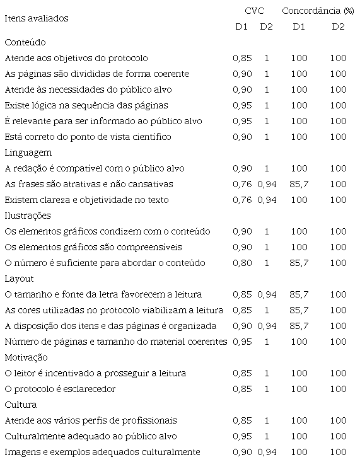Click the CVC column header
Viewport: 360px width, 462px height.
pos(254,11)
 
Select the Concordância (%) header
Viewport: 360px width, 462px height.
pos(317,11)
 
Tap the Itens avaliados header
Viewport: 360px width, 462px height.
pos(36,18)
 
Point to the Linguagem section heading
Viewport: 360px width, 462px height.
pos(28,153)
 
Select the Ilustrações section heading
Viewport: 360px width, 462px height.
pos(27,216)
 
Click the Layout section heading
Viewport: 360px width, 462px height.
pos(19,279)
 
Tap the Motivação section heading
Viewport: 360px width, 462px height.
pos(25,357)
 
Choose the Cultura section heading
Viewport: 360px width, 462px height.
pos(20,405)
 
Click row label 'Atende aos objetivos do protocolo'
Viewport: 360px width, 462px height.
pos(76,58)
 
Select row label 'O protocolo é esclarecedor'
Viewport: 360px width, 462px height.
pos(60,389)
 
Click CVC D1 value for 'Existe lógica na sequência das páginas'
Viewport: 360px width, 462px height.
pos(242,105)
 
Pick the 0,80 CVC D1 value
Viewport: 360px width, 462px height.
pos(242,263)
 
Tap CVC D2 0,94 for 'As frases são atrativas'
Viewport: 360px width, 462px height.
pos(267,184)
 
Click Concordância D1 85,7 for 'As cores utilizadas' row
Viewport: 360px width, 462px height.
pos(299,310)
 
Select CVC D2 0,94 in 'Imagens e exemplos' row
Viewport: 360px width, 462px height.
pos(267,452)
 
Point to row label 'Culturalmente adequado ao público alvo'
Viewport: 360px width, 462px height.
pos(90,436)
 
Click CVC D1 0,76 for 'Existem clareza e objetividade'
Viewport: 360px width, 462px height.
pos(242,200)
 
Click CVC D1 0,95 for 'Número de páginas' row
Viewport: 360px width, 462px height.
pos(242,342)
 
